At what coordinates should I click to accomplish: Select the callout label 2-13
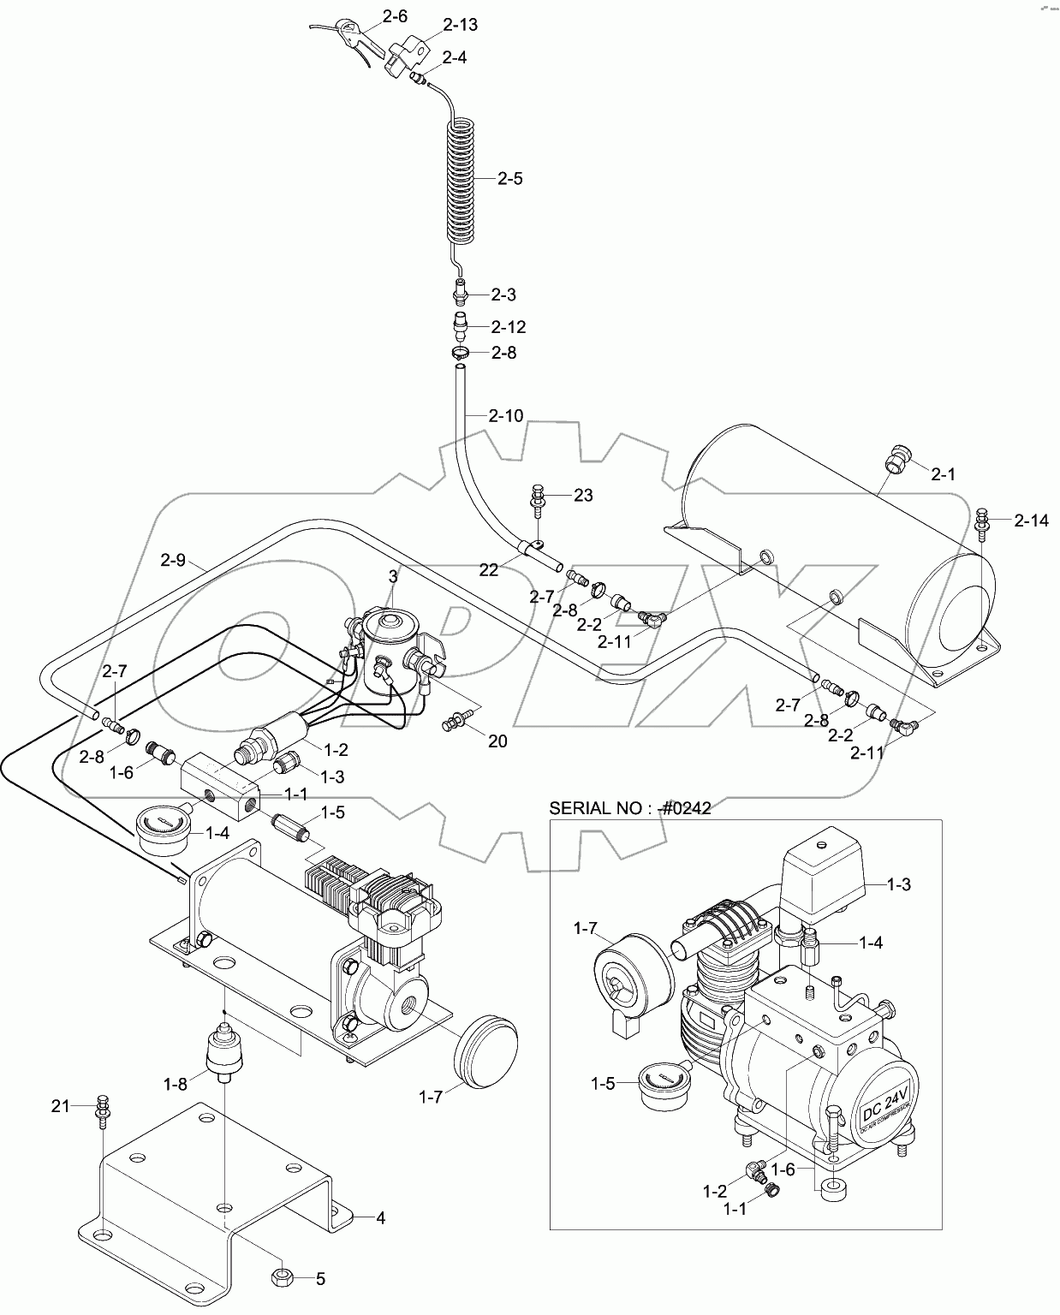[461, 25]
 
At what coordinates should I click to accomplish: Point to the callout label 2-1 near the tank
[943, 474]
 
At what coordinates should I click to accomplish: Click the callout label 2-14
[1031, 520]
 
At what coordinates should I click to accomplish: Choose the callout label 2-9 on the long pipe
[172, 561]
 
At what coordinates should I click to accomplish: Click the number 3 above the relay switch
[393, 577]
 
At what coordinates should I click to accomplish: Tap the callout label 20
[497, 741]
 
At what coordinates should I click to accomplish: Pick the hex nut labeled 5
[284, 1278]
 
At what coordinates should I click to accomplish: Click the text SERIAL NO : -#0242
[629, 807]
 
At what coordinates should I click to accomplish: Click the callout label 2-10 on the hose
[505, 416]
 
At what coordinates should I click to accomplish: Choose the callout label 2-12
[508, 327]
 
